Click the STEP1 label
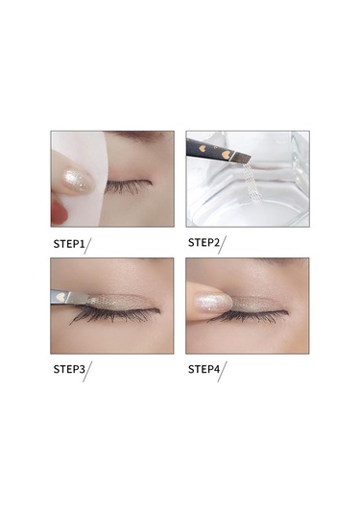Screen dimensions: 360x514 pyautogui.click(x=69, y=244)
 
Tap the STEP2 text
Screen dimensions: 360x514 pyautogui.click(x=204, y=243)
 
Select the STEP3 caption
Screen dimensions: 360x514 pyautogui.click(x=69, y=369)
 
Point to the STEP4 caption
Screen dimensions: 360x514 pyautogui.click(x=204, y=370)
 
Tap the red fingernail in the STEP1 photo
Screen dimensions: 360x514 pyautogui.click(x=59, y=212)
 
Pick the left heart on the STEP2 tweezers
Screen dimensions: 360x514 pyautogui.click(x=203, y=149)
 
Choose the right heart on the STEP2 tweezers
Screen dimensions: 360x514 pyautogui.click(x=225, y=155)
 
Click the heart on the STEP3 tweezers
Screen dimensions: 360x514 pyautogui.click(x=60, y=297)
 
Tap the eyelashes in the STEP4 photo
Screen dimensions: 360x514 pyautogui.click(x=252, y=316)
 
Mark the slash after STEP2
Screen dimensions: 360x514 pyautogui.click(x=222, y=245)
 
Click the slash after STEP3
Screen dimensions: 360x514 pyautogui.click(x=87, y=372)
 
